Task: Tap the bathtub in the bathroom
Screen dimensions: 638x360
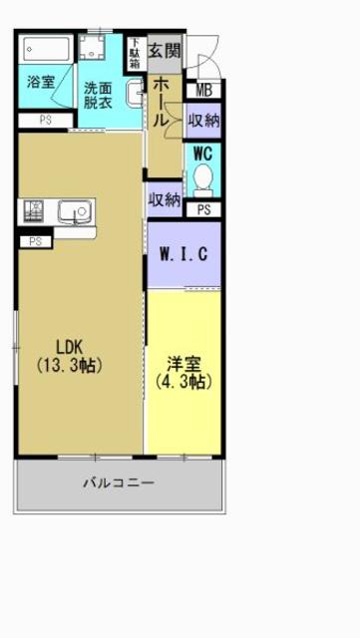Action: (45, 49)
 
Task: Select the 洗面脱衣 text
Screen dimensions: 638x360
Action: (98, 94)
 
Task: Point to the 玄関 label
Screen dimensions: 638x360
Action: (165, 51)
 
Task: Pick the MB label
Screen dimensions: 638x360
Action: (203, 92)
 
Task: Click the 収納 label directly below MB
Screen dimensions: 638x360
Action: (203, 121)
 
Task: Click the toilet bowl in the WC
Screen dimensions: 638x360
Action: (202, 180)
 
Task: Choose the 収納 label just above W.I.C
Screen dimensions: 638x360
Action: (164, 199)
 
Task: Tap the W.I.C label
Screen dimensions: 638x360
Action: (183, 253)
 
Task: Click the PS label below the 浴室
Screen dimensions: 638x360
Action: (45, 121)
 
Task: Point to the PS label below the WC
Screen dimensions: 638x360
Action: (203, 209)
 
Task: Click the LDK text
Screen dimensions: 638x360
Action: (69, 347)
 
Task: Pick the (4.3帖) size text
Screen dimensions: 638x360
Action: (182, 381)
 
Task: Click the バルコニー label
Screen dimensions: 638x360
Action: (118, 482)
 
